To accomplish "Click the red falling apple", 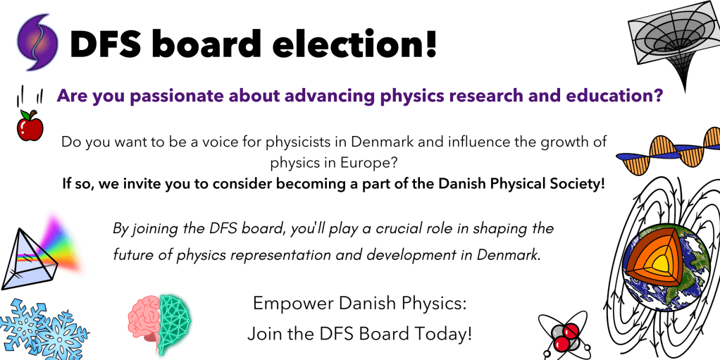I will (30, 128).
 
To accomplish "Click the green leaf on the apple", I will (26, 114).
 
